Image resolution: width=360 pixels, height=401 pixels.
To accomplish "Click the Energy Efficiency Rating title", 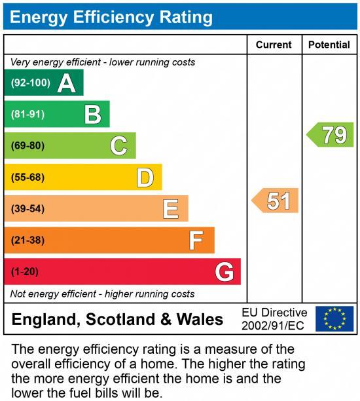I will point(111,17).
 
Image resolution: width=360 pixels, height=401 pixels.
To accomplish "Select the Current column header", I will point(274,45).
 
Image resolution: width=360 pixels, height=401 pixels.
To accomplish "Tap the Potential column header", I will point(329,45).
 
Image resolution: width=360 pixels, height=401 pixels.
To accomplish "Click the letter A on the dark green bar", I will point(66,83).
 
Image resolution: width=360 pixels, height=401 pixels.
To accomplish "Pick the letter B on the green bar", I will point(93,115).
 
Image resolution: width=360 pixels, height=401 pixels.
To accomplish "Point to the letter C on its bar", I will point(118,145).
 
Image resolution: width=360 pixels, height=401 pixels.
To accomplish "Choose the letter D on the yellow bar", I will point(145,177).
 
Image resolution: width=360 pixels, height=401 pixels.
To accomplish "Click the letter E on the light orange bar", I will point(171,208).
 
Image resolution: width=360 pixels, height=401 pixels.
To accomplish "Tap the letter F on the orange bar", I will point(196,240).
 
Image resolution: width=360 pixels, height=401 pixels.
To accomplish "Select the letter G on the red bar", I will point(225,271).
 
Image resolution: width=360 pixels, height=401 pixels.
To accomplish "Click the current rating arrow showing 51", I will point(276,200).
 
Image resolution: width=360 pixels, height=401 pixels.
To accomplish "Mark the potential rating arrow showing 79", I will point(331,135).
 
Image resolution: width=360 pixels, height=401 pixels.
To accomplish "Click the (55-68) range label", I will point(28,177).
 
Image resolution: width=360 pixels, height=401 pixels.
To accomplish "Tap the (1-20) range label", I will point(26,271).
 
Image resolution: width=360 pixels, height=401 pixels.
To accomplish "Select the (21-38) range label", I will point(28,240).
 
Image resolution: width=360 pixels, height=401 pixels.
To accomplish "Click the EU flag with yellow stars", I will point(334,319).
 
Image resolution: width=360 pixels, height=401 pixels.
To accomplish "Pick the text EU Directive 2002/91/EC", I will point(274,319).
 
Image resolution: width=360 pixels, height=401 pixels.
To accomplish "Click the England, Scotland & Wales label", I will point(118,320).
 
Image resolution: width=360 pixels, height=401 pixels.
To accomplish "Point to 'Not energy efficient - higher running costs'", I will point(103,294).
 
